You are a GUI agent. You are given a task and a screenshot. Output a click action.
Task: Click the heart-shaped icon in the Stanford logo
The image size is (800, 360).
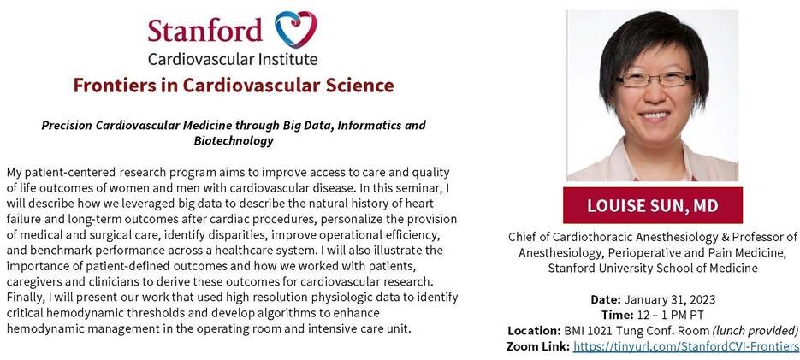(296, 28)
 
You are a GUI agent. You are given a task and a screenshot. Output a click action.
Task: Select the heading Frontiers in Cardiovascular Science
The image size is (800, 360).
(233, 86)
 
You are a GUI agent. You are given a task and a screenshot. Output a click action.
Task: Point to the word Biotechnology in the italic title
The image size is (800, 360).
(233, 139)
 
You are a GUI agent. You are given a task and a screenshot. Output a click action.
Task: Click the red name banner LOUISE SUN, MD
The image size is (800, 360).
(653, 205)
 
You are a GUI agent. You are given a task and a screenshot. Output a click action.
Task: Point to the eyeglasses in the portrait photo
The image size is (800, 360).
(656, 80)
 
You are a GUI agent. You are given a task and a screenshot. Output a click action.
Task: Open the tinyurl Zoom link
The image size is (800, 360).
(685, 346)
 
